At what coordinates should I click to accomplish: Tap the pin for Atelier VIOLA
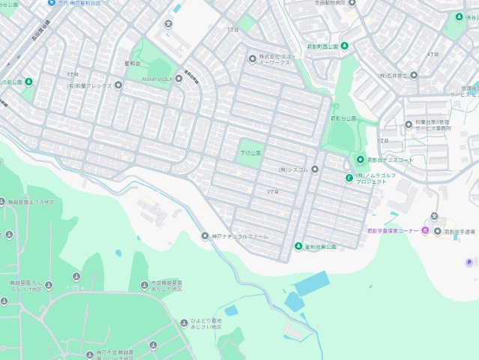tap(178, 78)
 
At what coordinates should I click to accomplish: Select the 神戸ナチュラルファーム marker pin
tap(205, 236)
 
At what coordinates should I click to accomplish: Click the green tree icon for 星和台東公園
tap(298, 247)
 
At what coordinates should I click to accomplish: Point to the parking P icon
tap(470, 262)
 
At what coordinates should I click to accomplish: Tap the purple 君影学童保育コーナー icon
tap(426, 230)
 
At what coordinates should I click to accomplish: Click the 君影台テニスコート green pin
tap(360, 160)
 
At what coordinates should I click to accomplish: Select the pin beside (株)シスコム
tap(315, 169)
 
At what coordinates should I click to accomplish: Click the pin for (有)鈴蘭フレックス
tap(118, 85)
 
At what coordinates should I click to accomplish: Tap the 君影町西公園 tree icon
tap(344, 46)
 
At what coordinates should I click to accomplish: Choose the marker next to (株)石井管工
tap(414, 76)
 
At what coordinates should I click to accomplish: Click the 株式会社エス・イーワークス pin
tap(252, 58)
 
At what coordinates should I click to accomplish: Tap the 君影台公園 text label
tap(343, 118)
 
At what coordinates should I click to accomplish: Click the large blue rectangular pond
tap(312, 283)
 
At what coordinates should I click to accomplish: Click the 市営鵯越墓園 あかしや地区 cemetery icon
tap(144, 285)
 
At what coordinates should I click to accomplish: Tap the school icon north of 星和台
tap(169, 22)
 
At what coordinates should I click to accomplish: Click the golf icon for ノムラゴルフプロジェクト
tap(349, 177)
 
